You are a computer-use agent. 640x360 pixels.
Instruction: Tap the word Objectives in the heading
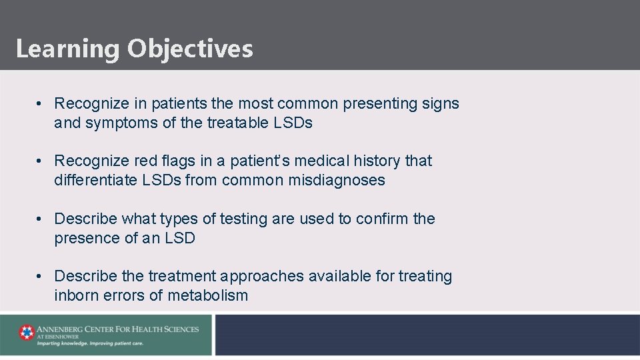tap(191, 49)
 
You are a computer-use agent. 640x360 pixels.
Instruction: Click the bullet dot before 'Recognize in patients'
tap(41, 104)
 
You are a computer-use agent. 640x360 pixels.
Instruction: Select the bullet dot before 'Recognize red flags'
tap(41, 161)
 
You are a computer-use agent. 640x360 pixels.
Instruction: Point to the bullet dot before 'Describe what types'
tap(41, 219)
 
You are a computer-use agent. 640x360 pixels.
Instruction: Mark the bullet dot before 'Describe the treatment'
tap(41, 277)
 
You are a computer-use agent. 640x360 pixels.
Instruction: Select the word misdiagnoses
tap(337, 181)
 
